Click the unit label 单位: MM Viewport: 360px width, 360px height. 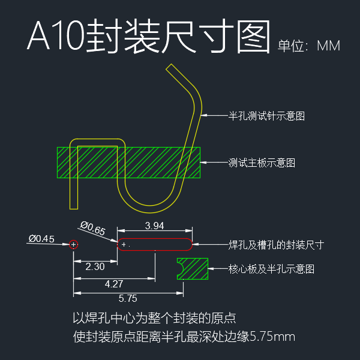310,46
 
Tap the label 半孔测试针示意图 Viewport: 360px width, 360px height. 266,116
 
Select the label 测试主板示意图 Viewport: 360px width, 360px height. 262,163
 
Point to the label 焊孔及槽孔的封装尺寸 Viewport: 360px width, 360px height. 277,245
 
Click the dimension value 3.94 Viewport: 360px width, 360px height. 155,226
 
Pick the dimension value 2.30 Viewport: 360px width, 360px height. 95,266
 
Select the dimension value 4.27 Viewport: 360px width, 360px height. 115,284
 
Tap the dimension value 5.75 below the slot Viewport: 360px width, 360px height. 128,298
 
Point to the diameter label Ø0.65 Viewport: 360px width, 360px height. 92,228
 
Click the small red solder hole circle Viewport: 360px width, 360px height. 73,244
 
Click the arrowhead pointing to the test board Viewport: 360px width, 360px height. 203,163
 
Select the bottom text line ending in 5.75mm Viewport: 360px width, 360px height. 184,336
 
